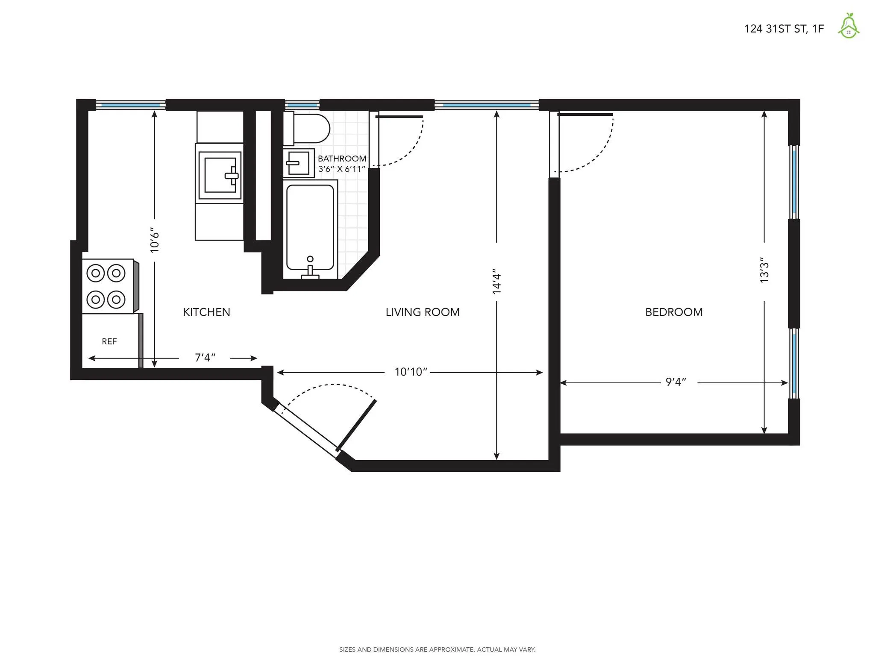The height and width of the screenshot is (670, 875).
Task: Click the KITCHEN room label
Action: coord(206,312)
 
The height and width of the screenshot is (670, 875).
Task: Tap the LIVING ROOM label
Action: coord(423,312)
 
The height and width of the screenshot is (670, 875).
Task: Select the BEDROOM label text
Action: coord(674,312)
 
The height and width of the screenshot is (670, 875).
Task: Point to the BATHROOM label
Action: coord(342,159)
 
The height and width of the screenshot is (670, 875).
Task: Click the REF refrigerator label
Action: coord(109,341)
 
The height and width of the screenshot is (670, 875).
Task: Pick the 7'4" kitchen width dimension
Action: coord(205,358)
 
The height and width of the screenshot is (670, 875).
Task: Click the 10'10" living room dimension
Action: coord(411,372)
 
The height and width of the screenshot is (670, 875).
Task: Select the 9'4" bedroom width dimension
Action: coord(676,382)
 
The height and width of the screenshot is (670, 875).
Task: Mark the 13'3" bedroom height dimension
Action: coord(764,270)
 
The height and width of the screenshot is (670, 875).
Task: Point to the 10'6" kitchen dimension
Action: coord(155,240)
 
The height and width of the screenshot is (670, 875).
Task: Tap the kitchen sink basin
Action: coord(219,175)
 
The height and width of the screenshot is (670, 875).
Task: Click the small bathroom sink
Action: coord(299,163)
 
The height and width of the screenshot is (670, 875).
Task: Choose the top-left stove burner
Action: coord(95,273)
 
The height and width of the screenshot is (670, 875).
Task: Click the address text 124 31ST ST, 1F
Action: coord(784,29)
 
